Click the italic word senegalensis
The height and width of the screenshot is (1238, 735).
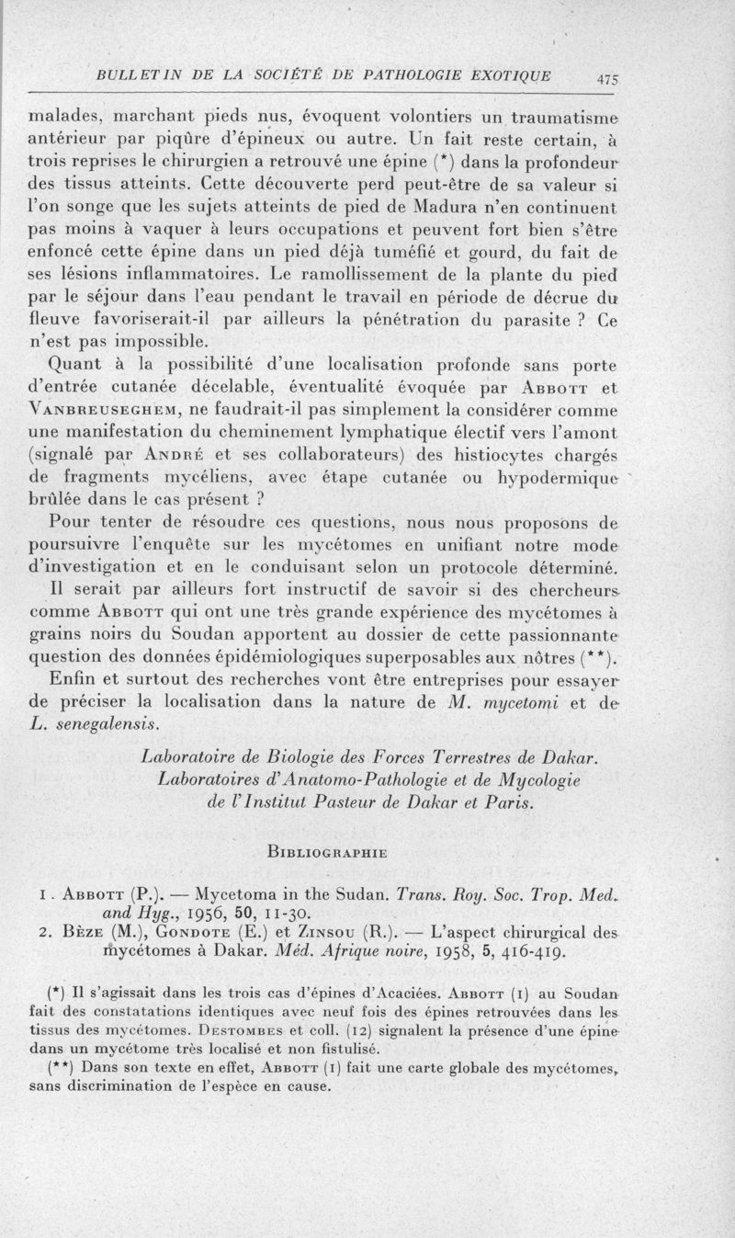[107, 722]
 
